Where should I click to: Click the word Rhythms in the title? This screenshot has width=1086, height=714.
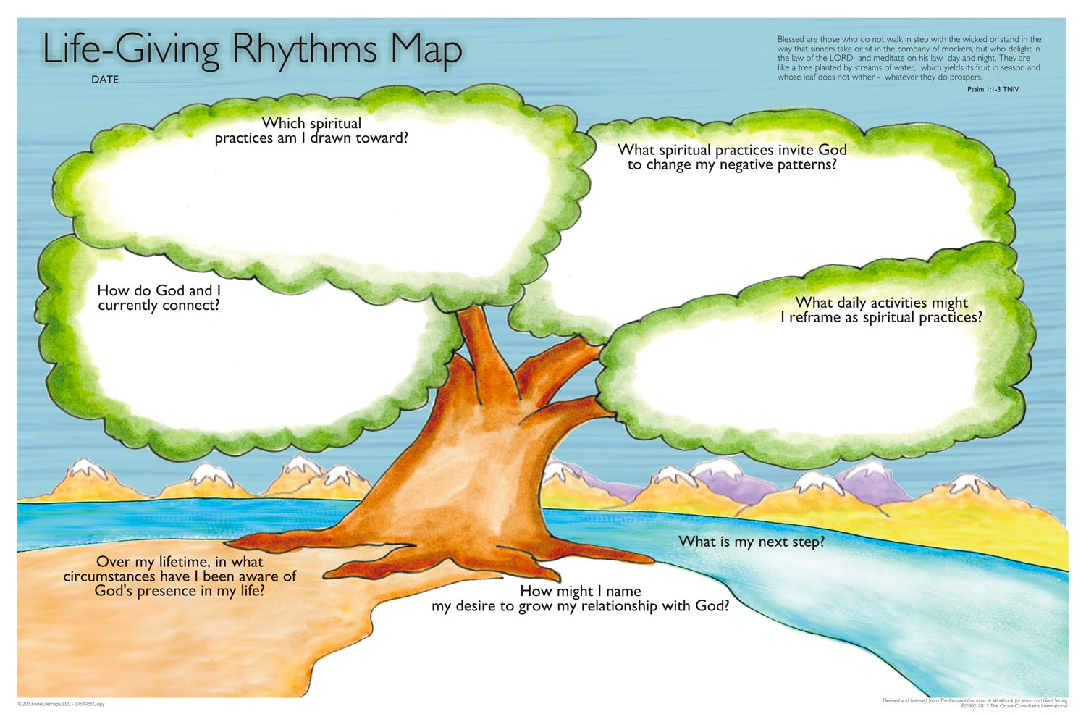tap(304, 49)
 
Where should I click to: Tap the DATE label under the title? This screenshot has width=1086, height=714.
tap(104, 80)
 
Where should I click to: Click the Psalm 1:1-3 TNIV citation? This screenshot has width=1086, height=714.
tap(993, 89)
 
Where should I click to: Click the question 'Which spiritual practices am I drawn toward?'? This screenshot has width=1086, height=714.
tap(311, 130)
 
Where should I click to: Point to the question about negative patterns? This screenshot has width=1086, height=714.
tap(731, 157)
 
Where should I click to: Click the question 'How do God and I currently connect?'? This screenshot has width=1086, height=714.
tap(159, 298)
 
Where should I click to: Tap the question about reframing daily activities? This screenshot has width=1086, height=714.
tap(881, 310)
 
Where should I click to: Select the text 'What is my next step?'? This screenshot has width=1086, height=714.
tap(751, 542)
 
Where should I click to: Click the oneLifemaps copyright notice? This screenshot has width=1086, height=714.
tap(61, 704)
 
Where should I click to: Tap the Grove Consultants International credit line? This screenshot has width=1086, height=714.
tap(1014, 706)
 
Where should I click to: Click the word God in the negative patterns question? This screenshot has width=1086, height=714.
tap(832, 150)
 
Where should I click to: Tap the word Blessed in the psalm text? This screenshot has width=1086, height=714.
tap(791, 40)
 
